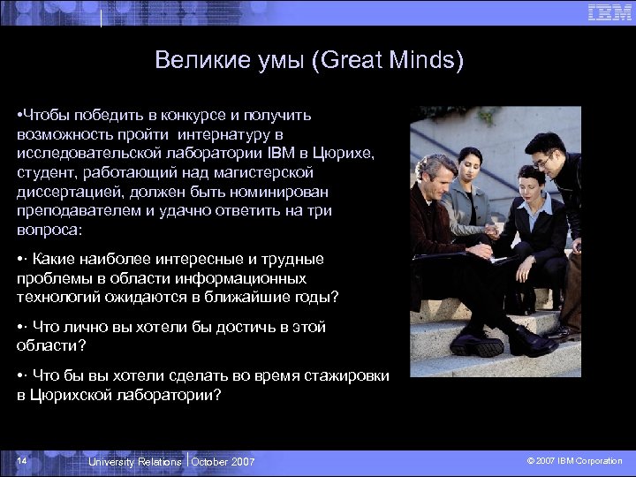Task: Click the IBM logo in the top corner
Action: [609, 12]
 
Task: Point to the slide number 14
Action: [22, 462]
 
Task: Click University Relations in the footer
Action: [135, 462]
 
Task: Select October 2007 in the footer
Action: [223, 462]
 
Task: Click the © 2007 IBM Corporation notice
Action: [574, 461]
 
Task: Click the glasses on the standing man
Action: [544, 159]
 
